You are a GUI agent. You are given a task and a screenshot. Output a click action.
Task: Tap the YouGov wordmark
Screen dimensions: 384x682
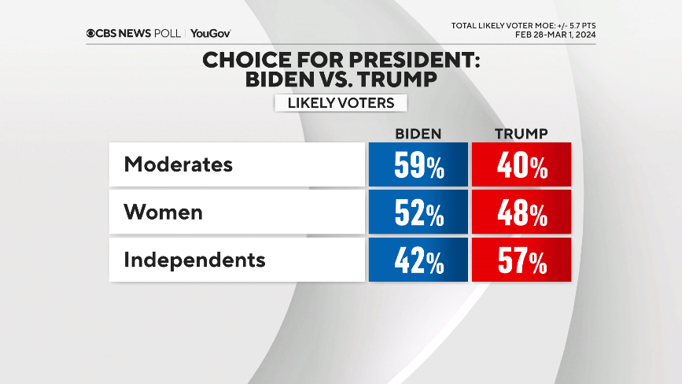211,34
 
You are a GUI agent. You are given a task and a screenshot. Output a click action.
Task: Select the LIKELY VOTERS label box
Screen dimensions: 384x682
340,103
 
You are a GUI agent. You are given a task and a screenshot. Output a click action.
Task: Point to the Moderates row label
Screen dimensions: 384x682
179,164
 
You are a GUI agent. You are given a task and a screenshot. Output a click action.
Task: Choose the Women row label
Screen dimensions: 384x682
163,212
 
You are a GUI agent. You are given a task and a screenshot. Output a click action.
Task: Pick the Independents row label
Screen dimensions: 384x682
194,260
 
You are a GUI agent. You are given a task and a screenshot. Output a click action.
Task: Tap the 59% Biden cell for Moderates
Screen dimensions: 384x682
418,165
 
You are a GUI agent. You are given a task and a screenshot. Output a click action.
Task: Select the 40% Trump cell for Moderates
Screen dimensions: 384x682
521,165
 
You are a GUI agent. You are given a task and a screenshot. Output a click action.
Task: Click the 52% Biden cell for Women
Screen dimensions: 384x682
418,212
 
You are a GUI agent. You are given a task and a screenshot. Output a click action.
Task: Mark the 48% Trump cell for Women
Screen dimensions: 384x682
521,212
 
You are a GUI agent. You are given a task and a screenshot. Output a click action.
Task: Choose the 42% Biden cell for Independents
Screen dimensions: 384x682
418,260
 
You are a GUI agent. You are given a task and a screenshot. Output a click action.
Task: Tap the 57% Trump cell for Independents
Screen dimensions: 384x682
521,260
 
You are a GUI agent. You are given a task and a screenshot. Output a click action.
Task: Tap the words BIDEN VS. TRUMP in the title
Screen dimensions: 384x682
340,79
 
